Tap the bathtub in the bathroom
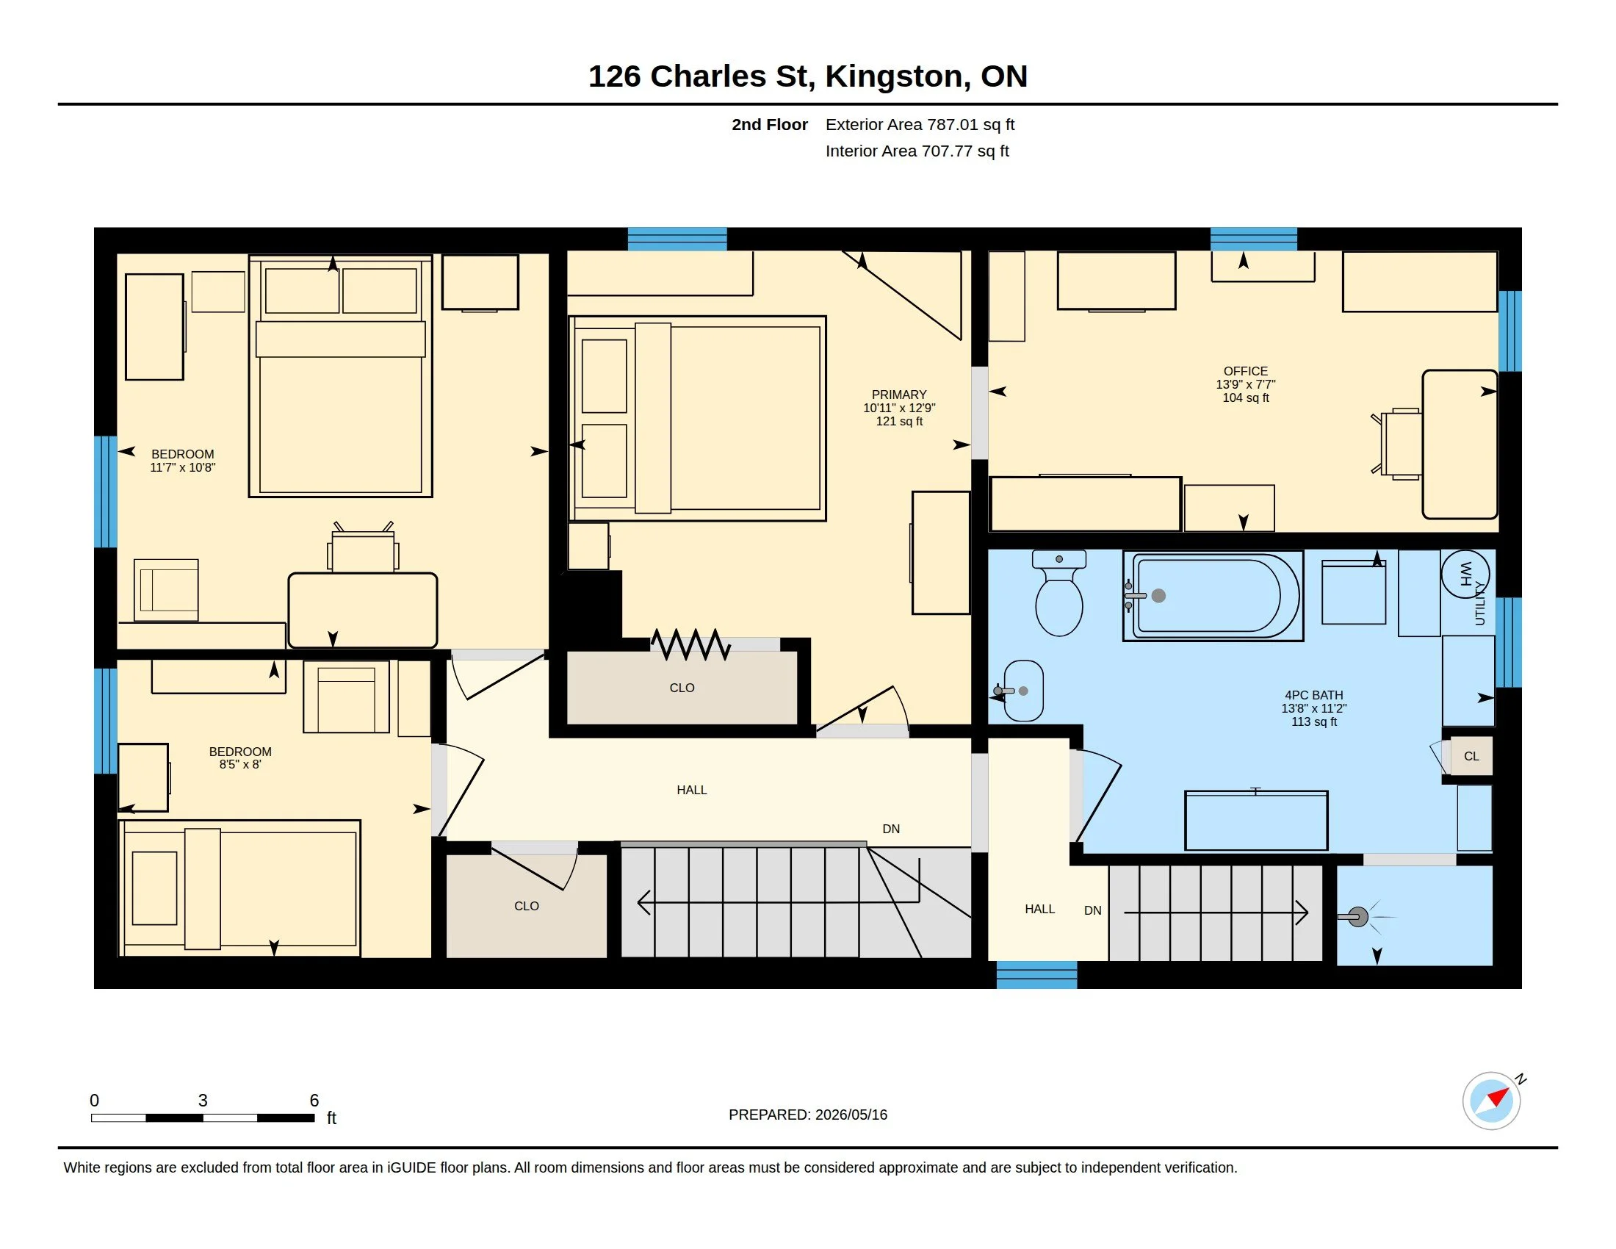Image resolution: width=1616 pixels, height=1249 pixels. (1213, 596)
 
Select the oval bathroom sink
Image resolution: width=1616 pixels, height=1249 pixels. (1023, 691)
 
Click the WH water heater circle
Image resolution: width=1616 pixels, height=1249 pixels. (1465, 574)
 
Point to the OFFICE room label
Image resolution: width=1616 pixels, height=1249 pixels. (1245, 372)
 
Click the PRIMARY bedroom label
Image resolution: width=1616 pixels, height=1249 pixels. (899, 395)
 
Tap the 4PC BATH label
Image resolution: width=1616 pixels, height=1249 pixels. (1314, 696)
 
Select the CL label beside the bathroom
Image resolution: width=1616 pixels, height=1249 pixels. (1472, 756)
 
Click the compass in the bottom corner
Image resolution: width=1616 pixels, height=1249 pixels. (1492, 1101)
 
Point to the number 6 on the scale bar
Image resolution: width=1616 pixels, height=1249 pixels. (314, 1101)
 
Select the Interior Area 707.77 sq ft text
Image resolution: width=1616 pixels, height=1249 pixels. (917, 151)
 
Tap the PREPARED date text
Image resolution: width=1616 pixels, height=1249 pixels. (808, 1115)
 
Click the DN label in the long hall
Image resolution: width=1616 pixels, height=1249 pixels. (891, 829)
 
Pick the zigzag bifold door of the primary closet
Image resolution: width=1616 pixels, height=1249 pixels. (690, 645)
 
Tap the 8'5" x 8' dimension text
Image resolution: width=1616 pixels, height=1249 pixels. (239, 764)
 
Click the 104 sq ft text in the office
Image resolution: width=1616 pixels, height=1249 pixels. (1245, 398)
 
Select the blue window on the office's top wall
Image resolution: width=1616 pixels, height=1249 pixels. (1253, 239)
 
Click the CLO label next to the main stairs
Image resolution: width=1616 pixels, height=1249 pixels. (527, 907)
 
